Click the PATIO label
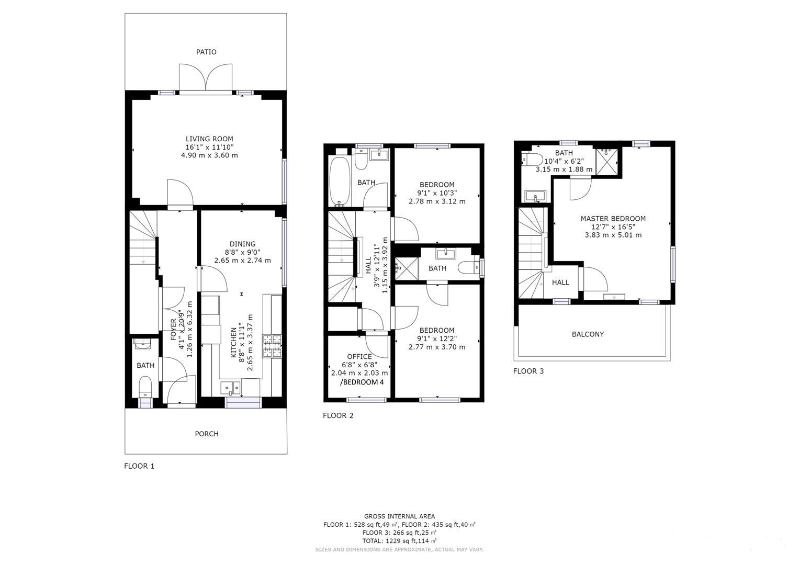206,52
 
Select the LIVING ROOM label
209,139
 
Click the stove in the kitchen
272,346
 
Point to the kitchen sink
230,388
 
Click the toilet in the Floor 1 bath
145,388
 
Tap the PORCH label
207,434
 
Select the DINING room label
242,244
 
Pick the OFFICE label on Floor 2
359,357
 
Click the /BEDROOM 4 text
362,382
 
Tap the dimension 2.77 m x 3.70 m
436,347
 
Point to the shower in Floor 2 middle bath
407,268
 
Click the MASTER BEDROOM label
613,219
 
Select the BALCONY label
588,334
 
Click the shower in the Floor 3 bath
607,162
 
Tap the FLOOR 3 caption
528,371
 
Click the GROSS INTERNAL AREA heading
399,516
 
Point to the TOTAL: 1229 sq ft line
399,541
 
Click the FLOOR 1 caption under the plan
139,466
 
